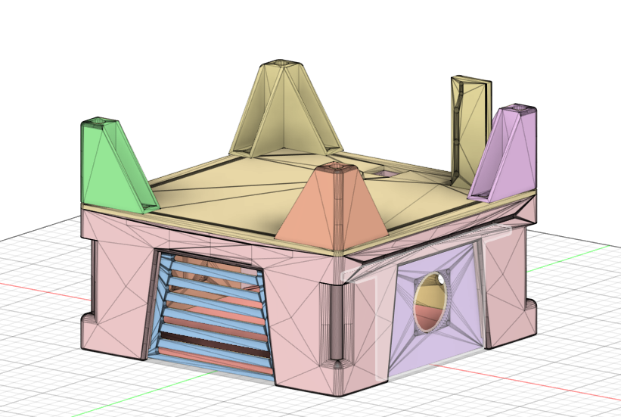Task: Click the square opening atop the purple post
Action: coord(521,107)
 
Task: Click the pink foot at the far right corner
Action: coord(529,310)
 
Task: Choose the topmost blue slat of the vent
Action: coord(216,262)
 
